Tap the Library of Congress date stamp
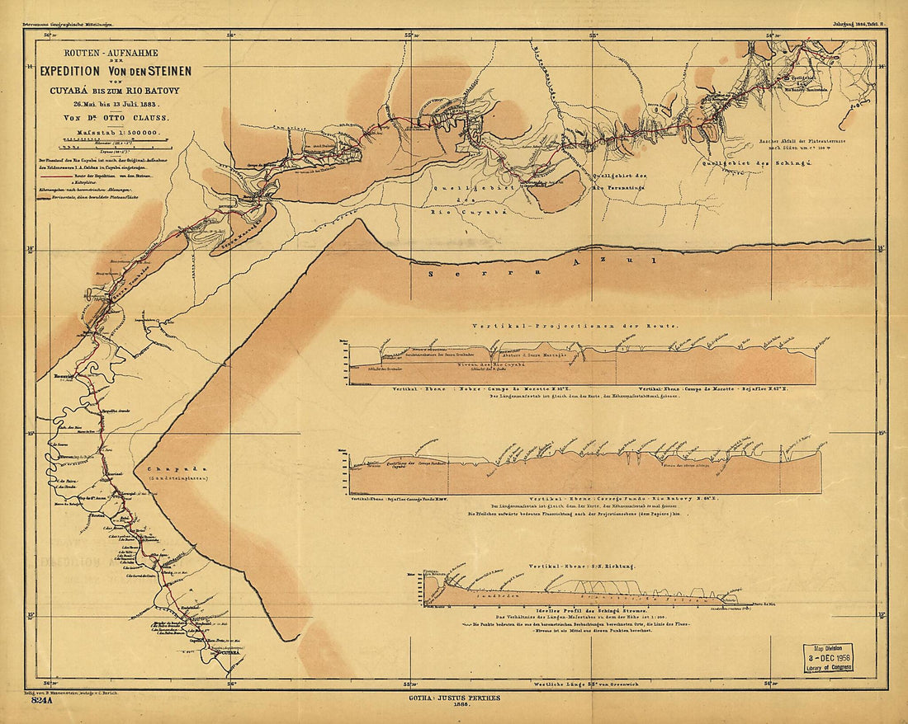[x=829, y=656]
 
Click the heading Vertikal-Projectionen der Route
[x=574, y=327]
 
